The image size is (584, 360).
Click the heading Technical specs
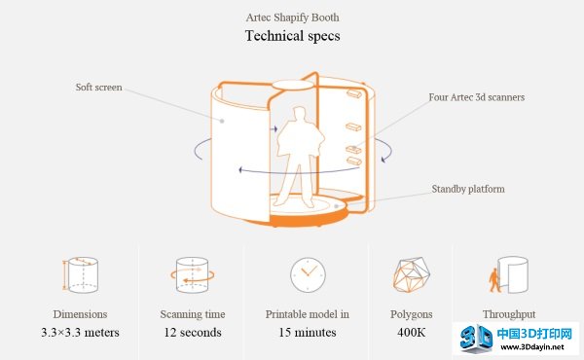click(292, 36)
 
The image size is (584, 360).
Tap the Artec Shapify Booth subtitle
click(292, 18)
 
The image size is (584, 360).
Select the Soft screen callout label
click(98, 88)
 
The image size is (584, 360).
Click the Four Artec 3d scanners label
click(476, 97)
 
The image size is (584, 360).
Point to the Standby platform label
click(468, 189)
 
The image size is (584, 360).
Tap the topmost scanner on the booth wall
click(354, 93)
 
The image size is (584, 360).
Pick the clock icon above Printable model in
click(308, 274)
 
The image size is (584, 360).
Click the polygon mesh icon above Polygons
click(411, 274)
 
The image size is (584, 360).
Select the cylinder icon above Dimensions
click(81, 274)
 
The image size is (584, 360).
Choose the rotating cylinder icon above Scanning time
click(192, 274)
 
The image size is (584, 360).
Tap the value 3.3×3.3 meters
click(80, 332)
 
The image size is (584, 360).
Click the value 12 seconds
click(193, 332)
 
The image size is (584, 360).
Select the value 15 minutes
click(308, 332)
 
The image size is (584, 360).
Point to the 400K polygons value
click(411, 332)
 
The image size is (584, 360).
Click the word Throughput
click(509, 314)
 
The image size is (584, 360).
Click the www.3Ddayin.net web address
click(532, 347)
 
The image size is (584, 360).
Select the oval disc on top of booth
click(292, 86)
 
